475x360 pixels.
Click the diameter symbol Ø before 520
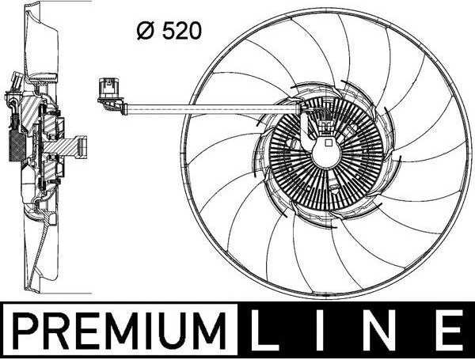pos(146,31)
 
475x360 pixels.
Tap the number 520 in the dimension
pos(181,31)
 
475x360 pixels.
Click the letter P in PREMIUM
pos(26,331)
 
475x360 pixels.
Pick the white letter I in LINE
pos(322,328)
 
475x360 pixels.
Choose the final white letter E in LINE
pos(451,328)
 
